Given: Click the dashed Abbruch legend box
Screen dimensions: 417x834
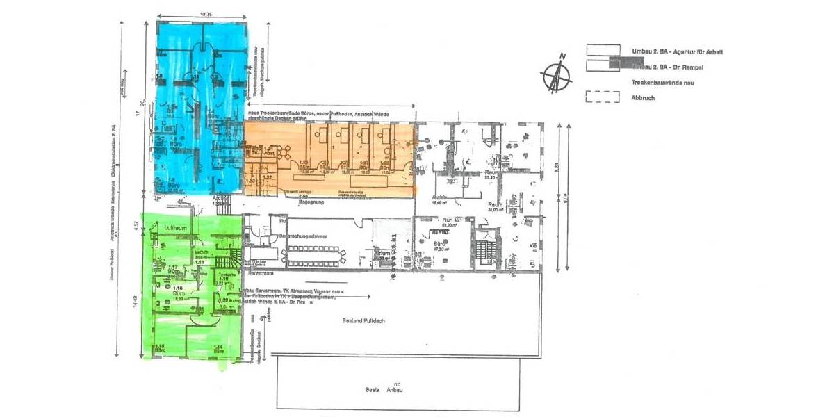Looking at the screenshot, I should click(602, 98).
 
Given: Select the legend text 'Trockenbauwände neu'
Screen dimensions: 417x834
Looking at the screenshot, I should click(664, 83).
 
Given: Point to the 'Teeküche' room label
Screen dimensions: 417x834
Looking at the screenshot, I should click(224, 276).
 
